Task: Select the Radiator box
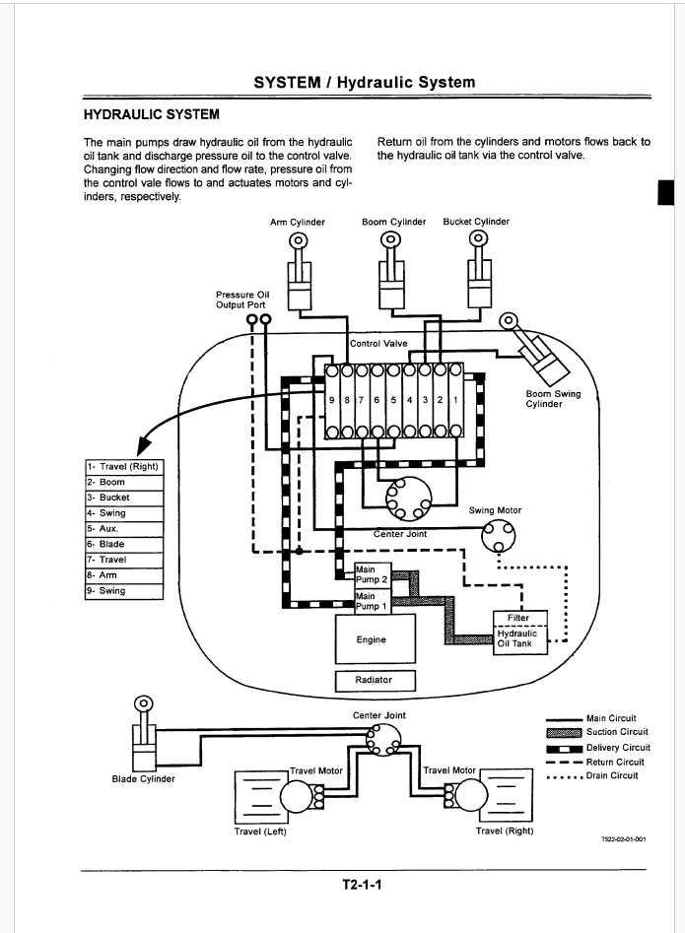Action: tap(375, 681)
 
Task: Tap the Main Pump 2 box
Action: tap(374, 575)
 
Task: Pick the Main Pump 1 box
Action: tap(374, 602)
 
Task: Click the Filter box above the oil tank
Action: tap(520, 619)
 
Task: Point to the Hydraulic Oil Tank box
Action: tap(520, 640)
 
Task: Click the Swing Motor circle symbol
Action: tap(498, 535)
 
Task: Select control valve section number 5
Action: tap(393, 400)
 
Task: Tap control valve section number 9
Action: tap(332, 400)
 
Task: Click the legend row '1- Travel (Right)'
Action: tap(124, 467)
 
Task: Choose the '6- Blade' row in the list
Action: tap(124, 545)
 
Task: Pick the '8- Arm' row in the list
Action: tap(124, 575)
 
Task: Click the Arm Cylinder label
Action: tap(298, 222)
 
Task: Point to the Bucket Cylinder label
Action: tap(476, 222)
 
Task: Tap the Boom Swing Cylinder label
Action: tap(553, 399)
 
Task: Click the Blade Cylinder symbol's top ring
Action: tap(144, 703)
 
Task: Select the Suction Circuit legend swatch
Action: tap(564, 732)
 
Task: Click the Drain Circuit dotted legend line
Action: tap(564, 776)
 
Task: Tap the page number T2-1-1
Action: tap(362, 885)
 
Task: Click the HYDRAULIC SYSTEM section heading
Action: tap(151, 114)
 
